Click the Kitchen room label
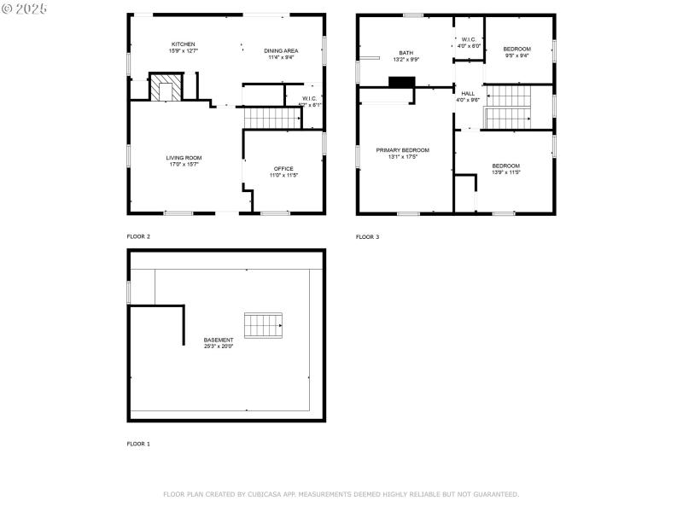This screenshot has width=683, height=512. point(184,44)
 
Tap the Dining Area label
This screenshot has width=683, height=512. point(282,51)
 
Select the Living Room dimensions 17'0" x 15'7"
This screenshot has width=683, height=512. point(184,164)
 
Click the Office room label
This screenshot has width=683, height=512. point(283,169)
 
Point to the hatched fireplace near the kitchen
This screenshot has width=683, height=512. point(166,89)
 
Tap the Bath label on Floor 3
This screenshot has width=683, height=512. point(406,53)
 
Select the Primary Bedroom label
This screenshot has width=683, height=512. point(403,149)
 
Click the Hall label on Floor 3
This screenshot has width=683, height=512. point(468,93)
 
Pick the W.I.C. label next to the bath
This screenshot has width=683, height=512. point(469,39)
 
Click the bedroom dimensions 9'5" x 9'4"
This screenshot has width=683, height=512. point(517,55)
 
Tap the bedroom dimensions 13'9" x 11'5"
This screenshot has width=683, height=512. point(505,172)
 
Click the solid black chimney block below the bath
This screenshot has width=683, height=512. point(401,82)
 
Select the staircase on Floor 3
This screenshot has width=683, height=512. point(507,107)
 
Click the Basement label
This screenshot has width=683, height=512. point(219,340)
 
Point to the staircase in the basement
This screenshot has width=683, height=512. point(264,325)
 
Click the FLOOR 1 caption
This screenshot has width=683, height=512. point(138,444)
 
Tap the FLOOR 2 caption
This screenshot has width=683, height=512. point(138,236)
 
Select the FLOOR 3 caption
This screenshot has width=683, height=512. point(367,236)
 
